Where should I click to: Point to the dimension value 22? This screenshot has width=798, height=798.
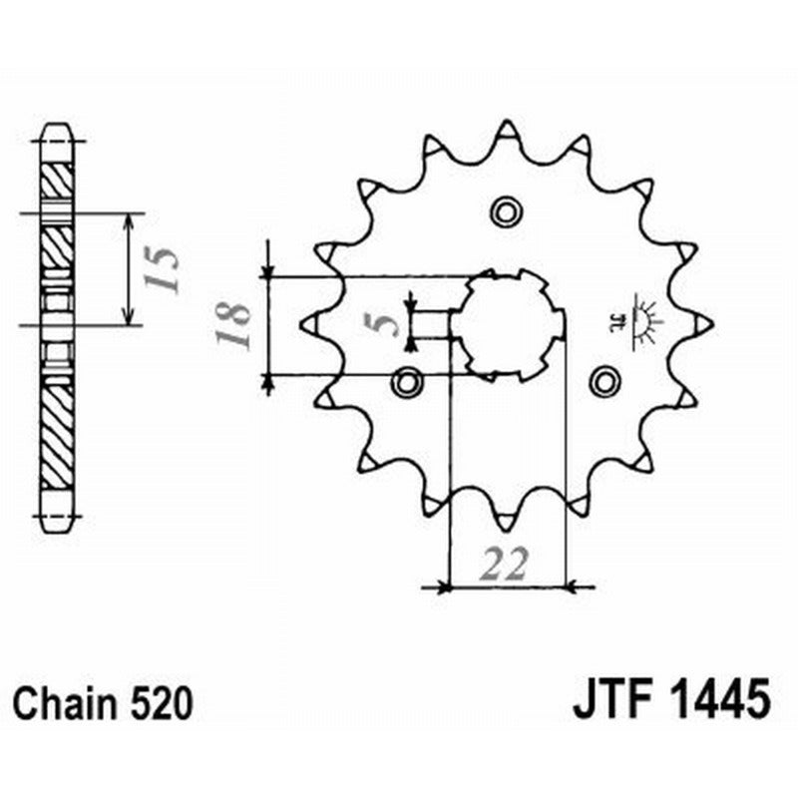504,565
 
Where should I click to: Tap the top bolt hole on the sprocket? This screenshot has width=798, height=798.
506,210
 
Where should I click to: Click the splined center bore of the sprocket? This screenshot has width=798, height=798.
507,324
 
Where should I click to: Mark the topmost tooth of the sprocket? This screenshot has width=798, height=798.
506,131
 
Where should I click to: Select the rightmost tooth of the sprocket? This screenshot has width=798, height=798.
701,322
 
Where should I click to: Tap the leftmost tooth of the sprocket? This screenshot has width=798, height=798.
309,323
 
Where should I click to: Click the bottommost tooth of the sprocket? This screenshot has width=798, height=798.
506,517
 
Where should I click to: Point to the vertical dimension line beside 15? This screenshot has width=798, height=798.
129,269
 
